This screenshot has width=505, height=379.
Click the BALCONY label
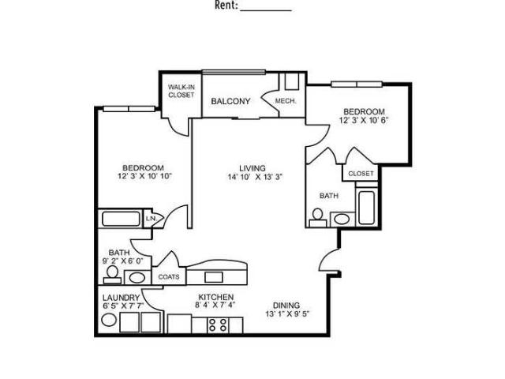coord(230,101)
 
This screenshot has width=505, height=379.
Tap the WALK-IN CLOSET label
coord(181,91)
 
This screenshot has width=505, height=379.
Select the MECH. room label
coord(286,101)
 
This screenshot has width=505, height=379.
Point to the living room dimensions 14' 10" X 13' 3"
coord(255,177)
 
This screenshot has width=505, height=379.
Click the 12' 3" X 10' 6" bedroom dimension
coord(364,121)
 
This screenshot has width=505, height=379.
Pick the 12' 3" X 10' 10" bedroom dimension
coord(145,176)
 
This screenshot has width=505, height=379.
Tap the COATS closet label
coord(169,277)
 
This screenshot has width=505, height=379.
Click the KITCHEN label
coord(215,297)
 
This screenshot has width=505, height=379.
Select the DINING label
coord(286,306)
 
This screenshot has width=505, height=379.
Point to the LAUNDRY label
coord(121,298)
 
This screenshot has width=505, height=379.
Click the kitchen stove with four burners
coord(218,325)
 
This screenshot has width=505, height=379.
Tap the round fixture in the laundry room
coord(109,320)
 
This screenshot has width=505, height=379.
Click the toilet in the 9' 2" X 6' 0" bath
coord(112,275)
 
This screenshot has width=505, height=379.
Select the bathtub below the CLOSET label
coord(366,208)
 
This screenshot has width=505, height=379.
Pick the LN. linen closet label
coord(151,219)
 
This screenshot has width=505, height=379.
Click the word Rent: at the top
coord(226,6)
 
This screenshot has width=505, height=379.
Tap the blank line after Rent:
coord(266,10)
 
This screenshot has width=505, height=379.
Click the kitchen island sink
coord(211,277)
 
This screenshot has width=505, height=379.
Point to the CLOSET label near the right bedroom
coord(361,174)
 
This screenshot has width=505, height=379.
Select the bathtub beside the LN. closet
coord(121,219)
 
